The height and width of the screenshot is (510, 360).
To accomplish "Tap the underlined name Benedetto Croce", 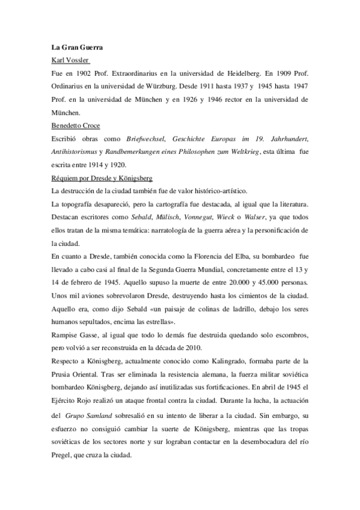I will tap(78, 125).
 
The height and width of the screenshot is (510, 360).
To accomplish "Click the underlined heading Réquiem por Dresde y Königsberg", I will tap(103, 178).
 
